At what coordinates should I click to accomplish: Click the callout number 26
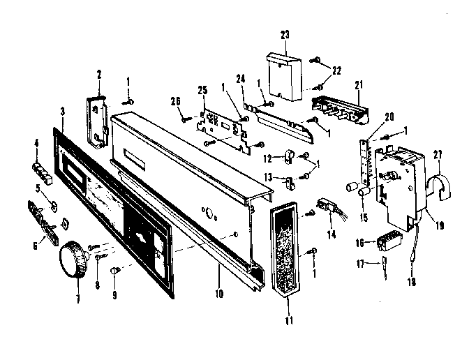point(177,102)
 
